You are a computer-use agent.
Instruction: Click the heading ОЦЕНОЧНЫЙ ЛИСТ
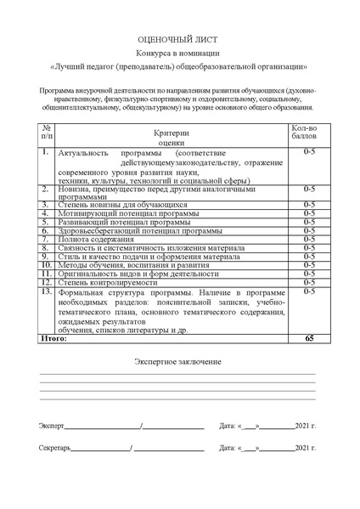(x=179, y=40)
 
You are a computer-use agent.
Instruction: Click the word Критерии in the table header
(x=172, y=133)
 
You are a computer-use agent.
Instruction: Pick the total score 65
(x=308, y=338)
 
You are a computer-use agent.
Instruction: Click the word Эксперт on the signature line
(x=51, y=424)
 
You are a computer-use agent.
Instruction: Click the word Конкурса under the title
(x=152, y=54)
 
